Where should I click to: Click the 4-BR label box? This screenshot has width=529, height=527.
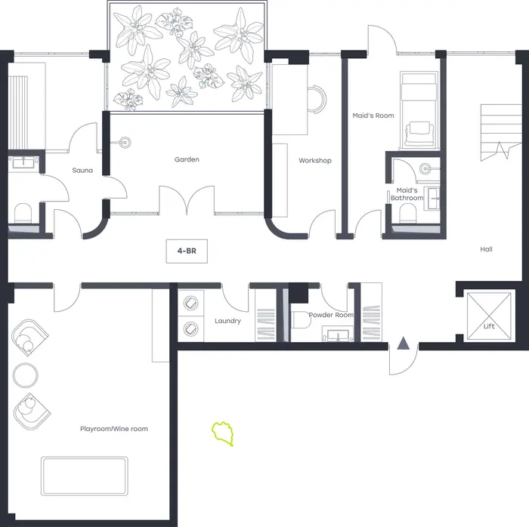tap(187, 251)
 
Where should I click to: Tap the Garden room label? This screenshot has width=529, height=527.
tap(187, 159)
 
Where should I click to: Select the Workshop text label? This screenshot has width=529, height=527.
tap(315, 161)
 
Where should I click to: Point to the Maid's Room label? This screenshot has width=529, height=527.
tap(373, 116)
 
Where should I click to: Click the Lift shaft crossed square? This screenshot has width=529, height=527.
tap(489, 316)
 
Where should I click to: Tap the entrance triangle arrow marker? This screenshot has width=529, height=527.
tap(403, 343)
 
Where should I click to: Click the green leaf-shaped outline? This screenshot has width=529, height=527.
tap(223, 433)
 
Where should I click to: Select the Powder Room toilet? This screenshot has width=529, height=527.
tap(300, 320)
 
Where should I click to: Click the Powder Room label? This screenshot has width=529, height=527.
tap(331, 315)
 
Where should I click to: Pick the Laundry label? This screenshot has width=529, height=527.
tap(227, 321)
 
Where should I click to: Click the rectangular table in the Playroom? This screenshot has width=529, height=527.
tap(85, 476)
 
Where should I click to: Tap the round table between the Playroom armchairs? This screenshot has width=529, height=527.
tap(25, 375)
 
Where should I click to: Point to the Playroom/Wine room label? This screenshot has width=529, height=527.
tap(114, 429)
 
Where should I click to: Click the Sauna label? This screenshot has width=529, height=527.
tap(82, 171)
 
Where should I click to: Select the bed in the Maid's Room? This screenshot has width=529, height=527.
tap(419, 109)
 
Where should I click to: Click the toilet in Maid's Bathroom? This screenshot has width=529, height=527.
tap(408, 214)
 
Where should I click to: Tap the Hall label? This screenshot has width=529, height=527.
tap(486, 249)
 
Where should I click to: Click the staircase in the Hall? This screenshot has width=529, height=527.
tap(501, 131)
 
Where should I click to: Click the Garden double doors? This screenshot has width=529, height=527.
tap(187, 200)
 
